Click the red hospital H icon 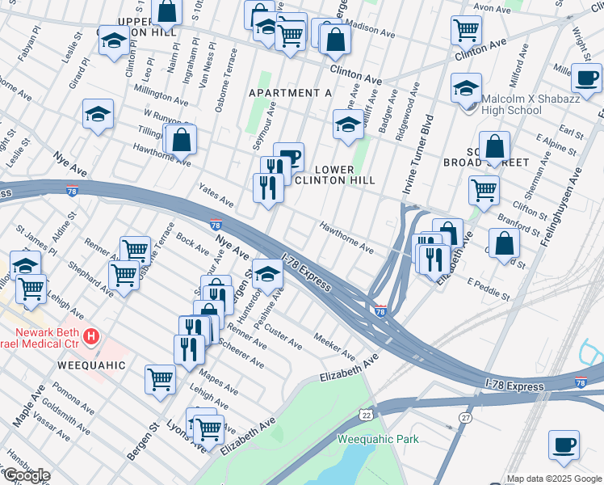click(x=92, y=335)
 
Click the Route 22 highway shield click(x=365, y=414)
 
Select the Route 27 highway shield click(x=466, y=417)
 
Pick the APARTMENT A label click(x=290, y=93)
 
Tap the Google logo click(x=26, y=475)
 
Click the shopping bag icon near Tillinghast click(x=182, y=139)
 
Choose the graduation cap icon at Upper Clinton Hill click(x=114, y=40)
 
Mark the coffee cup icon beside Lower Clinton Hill click(x=288, y=157)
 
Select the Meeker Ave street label click(x=334, y=347)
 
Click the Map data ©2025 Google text click(x=554, y=479)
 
